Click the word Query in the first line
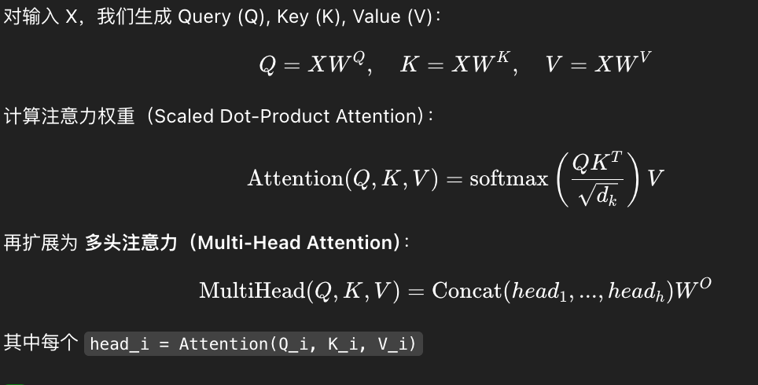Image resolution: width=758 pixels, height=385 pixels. (x=204, y=16)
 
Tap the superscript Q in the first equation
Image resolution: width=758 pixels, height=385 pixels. (x=358, y=57)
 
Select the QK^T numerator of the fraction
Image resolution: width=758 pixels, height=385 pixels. (x=598, y=163)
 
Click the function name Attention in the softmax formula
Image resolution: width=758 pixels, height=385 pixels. (x=295, y=178)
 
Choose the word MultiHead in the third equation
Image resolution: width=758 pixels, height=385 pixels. (x=251, y=291)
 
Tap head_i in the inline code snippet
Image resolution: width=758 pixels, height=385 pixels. (x=120, y=344)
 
